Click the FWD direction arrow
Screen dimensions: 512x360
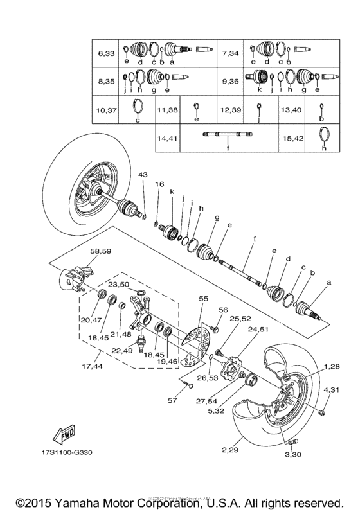point(65,437)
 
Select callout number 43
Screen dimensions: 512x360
point(142,175)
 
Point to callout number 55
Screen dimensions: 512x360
point(204,299)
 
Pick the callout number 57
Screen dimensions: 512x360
point(172,401)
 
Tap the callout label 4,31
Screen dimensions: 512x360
point(331,390)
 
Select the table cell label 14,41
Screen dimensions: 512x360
point(169,137)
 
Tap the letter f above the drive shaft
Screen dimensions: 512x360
point(255,239)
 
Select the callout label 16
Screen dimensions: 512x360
point(159,184)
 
